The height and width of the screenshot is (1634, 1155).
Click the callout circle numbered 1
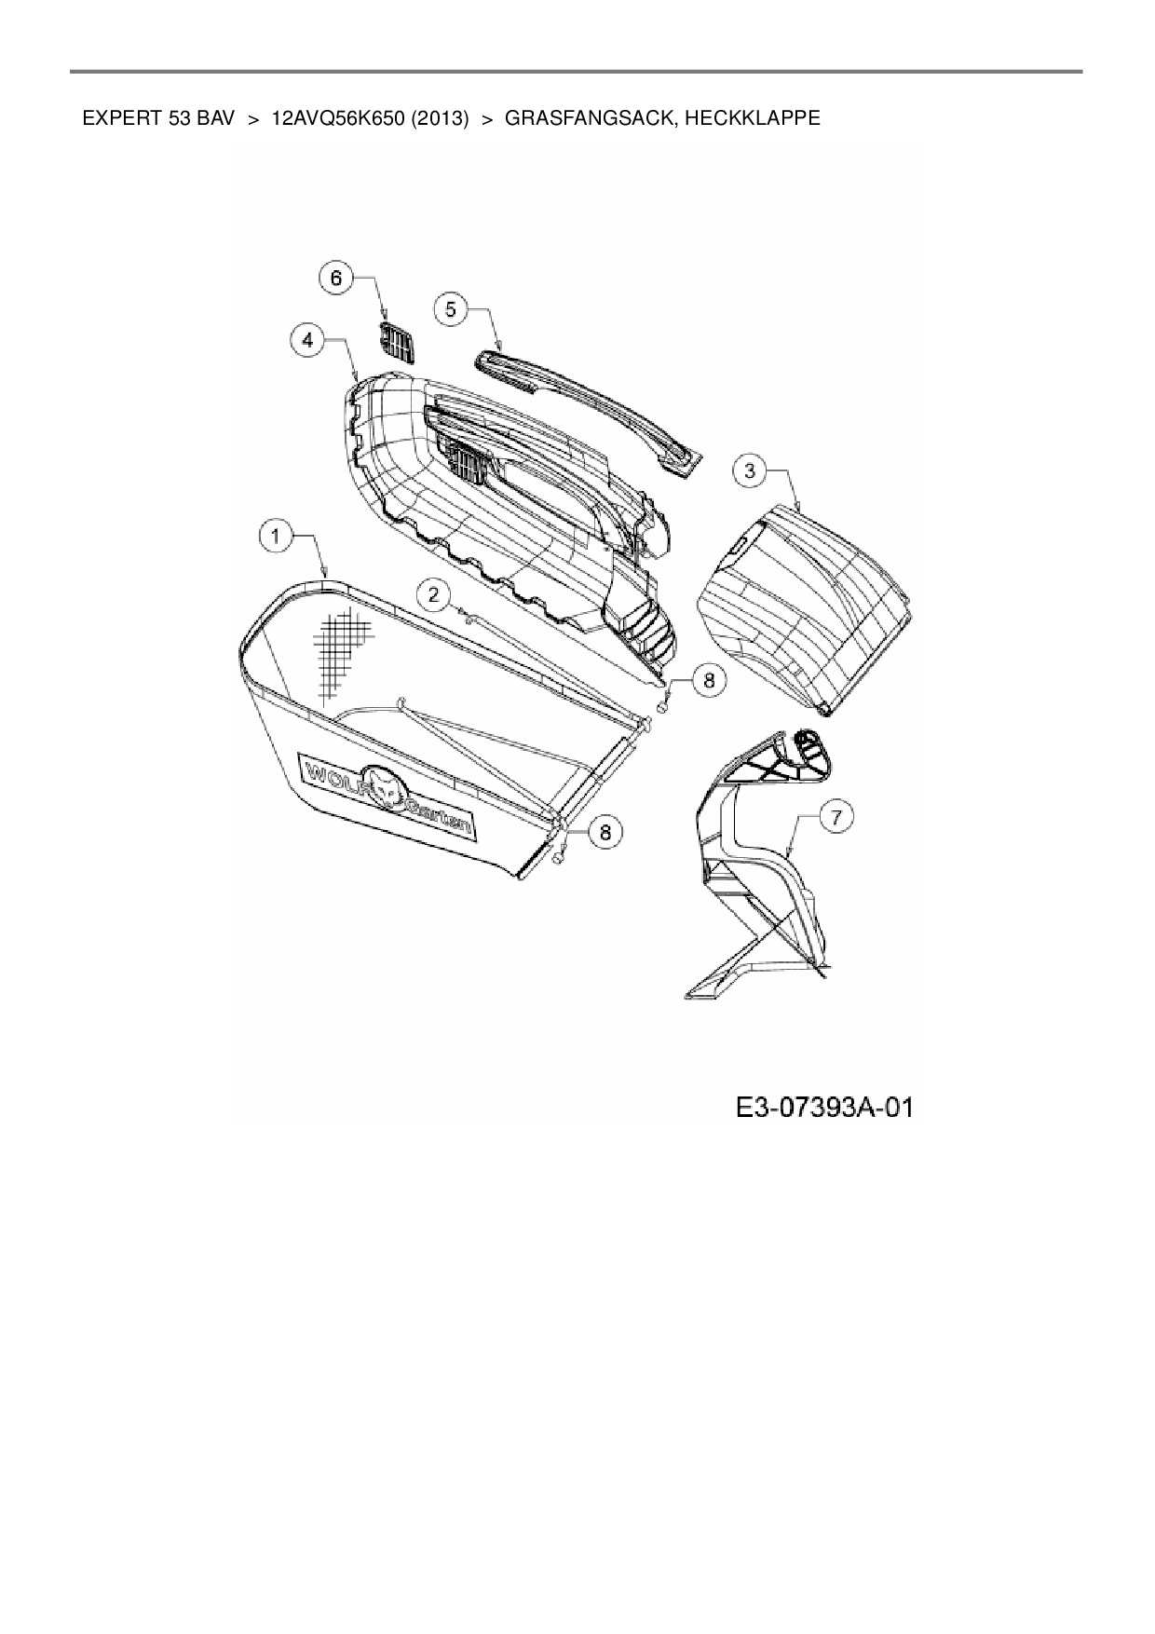tap(276, 537)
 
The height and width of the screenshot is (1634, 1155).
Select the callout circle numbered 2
tap(433, 593)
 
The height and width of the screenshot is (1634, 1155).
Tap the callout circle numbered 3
tap(751, 470)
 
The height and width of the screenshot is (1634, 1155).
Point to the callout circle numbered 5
tap(451, 308)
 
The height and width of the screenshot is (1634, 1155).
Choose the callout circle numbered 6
tap(336, 278)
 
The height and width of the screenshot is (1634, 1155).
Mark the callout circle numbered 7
tap(836, 817)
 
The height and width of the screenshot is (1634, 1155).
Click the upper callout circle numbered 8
tap(709, 681)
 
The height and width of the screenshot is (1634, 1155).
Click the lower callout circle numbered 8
tap(605, 831)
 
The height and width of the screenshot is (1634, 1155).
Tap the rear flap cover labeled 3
tap(807, 606)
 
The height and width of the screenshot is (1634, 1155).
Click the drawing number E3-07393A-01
tap(823, 1108)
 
